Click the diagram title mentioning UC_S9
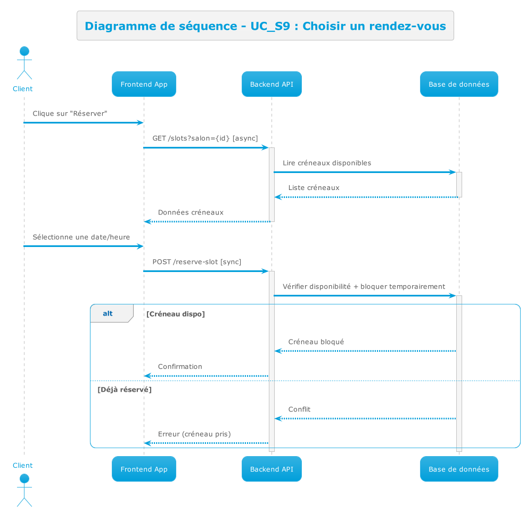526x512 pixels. point(265,26)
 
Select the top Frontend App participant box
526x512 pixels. point(144,84)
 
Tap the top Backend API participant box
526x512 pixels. point(272,84)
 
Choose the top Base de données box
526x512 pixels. point(458,84)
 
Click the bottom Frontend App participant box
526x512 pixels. point(144,469)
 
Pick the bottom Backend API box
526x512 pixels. point(272,469)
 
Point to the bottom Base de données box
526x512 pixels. point(458,469)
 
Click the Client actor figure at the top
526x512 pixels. point(24,64)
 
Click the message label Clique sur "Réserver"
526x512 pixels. point(70,113)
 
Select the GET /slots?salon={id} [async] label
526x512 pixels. point(205,138)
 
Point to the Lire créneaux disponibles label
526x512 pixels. point(327,163)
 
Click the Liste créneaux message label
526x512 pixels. point(314,188)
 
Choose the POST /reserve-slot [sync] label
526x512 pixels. point(196,262)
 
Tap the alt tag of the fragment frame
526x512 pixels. point(108,314)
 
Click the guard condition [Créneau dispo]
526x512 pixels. point(175,314)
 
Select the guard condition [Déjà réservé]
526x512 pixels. point(124,390)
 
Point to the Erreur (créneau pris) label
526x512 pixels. point(194,434)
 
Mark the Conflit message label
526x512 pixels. point(299,409)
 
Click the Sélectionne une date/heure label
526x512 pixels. point(81,237)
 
